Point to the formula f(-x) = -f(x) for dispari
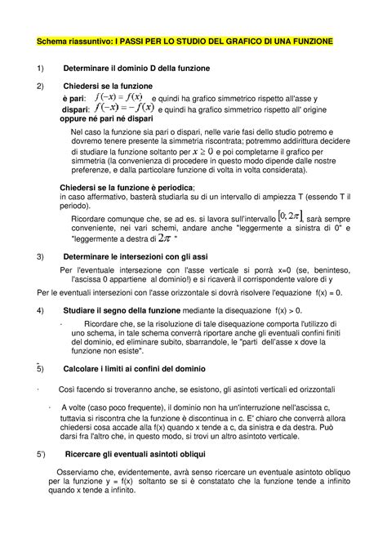tap(124, 109)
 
